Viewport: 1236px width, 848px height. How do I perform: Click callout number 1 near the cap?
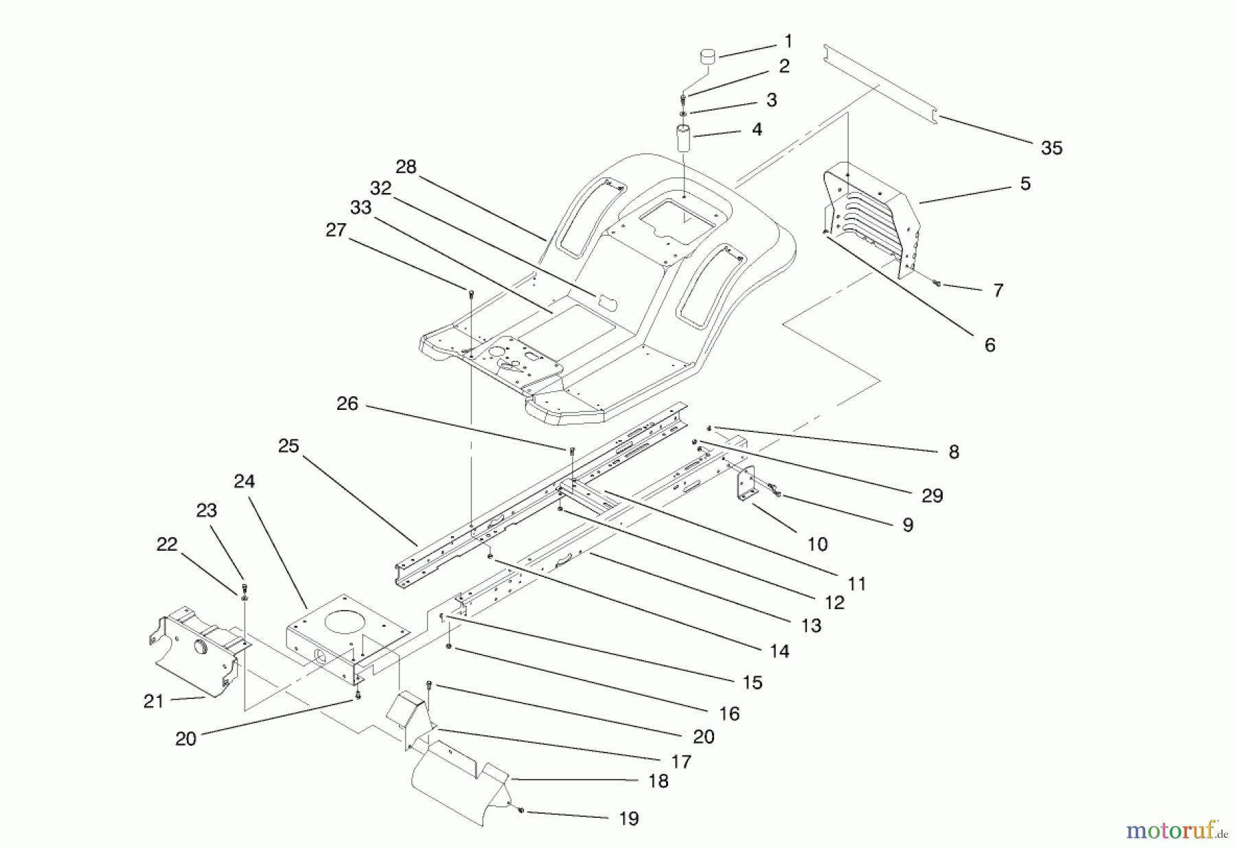point(788,41)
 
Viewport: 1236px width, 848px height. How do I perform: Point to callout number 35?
point(1051,148)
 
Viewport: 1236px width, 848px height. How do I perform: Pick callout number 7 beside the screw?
point(998,290)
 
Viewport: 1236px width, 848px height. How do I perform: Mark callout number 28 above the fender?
point(406,167)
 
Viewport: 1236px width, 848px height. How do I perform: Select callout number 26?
point(347,403)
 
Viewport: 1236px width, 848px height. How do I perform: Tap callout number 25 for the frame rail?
point(288,446)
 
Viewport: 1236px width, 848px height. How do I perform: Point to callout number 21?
point(154,701)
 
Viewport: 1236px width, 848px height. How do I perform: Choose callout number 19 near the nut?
point(628,818)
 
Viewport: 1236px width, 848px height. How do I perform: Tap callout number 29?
point(932,495)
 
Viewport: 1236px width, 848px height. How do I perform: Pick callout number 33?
point(360,207)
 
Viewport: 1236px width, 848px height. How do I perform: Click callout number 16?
point(729,713)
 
